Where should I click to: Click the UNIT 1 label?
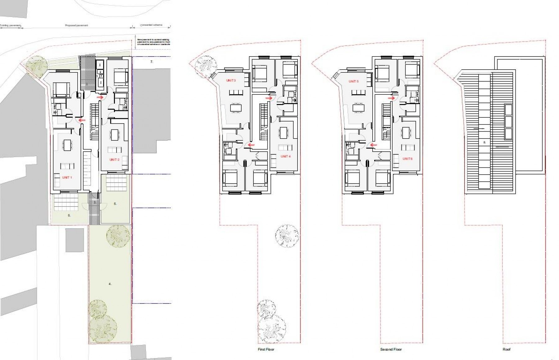[x=67, y=177]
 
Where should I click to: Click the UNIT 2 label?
[x=114, y=160]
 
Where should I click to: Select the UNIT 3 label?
[x=231, y=80]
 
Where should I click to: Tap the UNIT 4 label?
[x=285, y=157]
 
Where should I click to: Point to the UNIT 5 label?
[x=353, y=81]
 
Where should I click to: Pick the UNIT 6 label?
[x=407, y=159]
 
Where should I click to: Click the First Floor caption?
[x=266, y=349]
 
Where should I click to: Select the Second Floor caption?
[x=391, y=349]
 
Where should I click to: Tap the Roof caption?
[x=507, y=349]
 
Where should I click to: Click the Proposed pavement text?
[x=76, y=25]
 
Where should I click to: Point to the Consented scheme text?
[x=151, y=25]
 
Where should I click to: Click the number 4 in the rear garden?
[x=110, y=284]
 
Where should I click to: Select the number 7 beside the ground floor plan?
[x=152, y=62]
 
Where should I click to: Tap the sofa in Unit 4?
[x=285, y=147]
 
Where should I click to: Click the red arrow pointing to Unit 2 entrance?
[x=100, y=98]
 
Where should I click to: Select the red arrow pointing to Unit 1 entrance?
[x=82, y=120]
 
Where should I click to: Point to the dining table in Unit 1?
[x=67, y=145]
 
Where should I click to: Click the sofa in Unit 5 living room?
[x=358, y=93]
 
